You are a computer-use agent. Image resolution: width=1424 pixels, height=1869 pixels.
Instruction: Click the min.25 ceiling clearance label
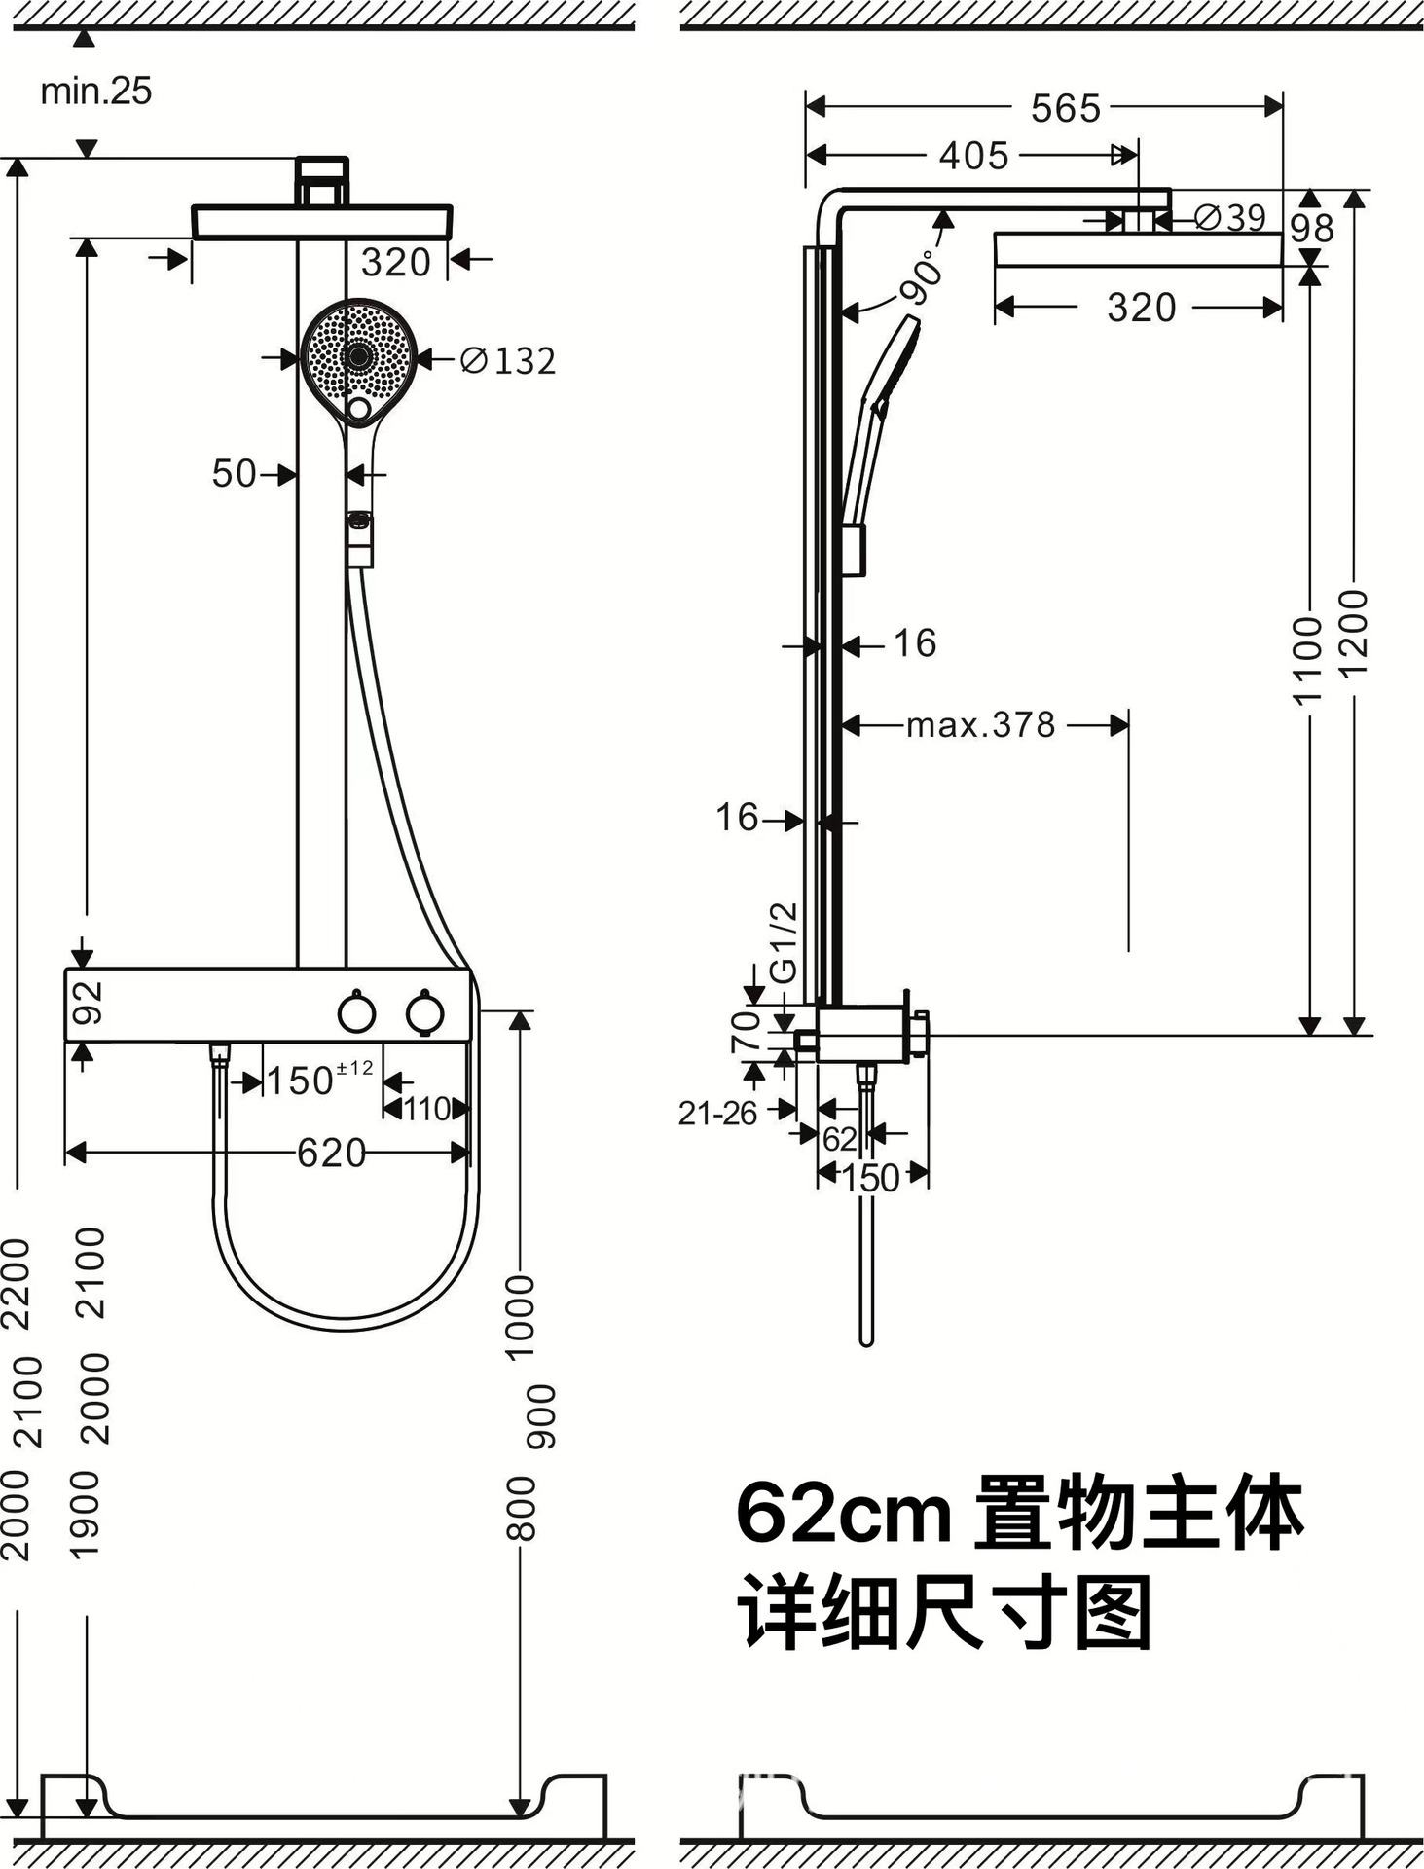pos(95,92)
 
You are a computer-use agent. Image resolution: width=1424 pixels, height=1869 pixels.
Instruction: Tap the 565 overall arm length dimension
pos(1065,108)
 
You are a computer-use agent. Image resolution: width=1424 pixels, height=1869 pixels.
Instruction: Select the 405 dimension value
pos(973,156)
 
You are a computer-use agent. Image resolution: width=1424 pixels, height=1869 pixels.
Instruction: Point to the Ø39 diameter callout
pos(1230,217)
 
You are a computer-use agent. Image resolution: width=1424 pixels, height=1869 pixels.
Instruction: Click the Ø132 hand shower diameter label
pos(508,361)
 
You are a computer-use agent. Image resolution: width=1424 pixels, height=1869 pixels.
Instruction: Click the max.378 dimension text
pos(980,725)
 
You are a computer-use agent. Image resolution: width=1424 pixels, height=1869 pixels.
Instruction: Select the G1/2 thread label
pos(784,942)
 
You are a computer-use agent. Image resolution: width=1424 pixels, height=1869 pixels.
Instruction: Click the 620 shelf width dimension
pos(331,1154)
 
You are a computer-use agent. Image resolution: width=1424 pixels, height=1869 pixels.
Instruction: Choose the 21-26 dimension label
pos(717,1113)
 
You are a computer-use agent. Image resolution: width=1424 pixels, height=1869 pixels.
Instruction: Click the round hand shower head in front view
pos(358,355)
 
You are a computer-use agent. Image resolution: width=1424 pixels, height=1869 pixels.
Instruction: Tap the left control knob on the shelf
pos(356,1013)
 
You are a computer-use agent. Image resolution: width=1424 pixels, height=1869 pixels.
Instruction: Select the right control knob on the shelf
pos(425,1013)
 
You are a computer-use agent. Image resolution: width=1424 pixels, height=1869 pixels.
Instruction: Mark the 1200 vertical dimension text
pos(1354,633)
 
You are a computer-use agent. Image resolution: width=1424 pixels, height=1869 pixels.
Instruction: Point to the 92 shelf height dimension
pos(89,1003)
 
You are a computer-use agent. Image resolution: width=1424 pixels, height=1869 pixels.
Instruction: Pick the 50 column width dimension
pos(234,474)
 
